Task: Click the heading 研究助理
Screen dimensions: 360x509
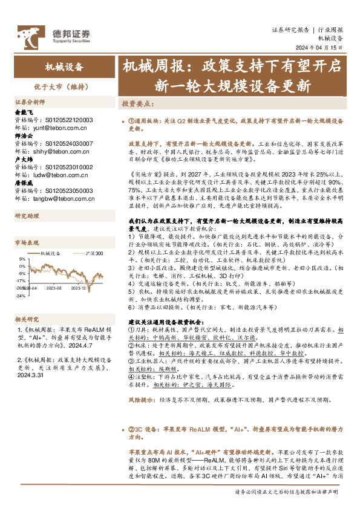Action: tap(27, 215)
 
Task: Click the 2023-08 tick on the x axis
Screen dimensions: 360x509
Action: tap(53, 289)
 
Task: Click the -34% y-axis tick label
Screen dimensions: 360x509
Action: tap(21, 296)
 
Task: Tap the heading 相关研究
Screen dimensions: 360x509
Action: tap(27, 319)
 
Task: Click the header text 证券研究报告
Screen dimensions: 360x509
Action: tap(290, 28)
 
